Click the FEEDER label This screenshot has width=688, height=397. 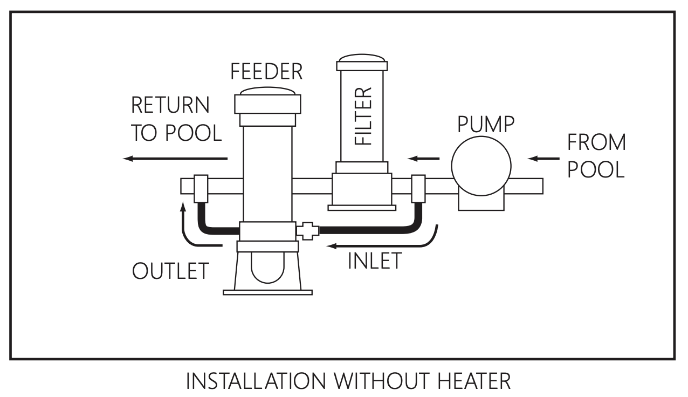266,71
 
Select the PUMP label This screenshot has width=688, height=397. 486,124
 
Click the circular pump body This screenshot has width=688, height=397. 480,166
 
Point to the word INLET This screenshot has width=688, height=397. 375,261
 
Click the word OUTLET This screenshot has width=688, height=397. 170,271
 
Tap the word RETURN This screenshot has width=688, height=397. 170,105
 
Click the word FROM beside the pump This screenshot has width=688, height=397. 596,142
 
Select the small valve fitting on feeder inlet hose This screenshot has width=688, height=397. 307,230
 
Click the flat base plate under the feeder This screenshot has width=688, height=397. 267,292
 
